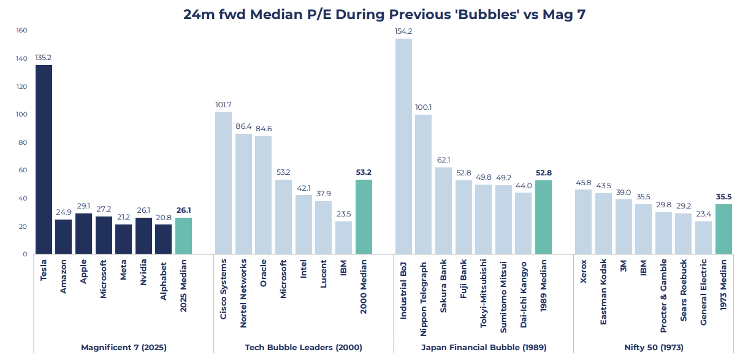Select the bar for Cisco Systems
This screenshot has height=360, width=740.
[224, 183]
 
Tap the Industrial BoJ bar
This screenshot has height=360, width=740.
[403, 146]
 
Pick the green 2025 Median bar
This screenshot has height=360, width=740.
[183, 236]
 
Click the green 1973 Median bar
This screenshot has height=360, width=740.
[723, 229]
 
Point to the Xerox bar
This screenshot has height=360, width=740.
[583, 221]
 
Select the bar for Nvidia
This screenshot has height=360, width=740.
[143, 236]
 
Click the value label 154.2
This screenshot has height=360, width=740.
[403, 31]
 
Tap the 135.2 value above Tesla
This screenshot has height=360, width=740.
[44, 57]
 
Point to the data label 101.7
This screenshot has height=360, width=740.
[224, 104]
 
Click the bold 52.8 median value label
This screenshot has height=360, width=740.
[543, 172]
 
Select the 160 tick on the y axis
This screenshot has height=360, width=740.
[22, 30]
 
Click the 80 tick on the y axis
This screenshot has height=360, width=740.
[22, 142]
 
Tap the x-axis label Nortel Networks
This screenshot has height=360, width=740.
[244, 288]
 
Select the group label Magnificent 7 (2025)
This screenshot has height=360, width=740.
[123, 347]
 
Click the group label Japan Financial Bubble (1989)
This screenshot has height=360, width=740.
[483, 347]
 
